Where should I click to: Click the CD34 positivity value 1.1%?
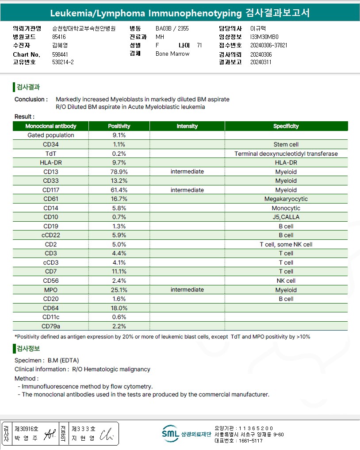point(119,144)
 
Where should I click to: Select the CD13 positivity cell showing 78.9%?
point(119,172)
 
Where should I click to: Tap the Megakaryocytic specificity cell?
point(286,199)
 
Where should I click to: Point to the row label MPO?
point(51,290)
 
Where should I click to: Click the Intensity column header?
point(187,126)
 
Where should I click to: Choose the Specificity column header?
point(286,126)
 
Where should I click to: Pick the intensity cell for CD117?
point(187,190)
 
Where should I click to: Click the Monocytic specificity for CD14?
point(286,208)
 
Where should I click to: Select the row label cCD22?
point(51,235)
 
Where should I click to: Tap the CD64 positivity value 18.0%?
point(119,308)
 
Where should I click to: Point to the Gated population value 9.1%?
point(119,135)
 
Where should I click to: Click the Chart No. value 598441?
point(60,54)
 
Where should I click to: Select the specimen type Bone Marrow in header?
point(172,54)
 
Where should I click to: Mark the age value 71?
point(199,45)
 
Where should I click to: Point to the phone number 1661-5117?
point(250,441)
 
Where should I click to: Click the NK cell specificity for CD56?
point(286,281)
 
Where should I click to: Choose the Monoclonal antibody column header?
point(51,126)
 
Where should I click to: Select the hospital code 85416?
point(59,37)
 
